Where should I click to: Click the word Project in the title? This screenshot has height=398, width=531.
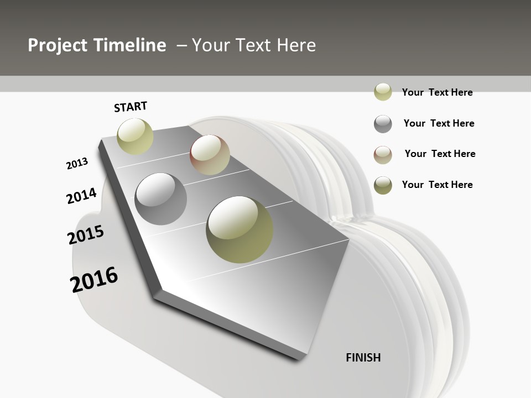[58, 45]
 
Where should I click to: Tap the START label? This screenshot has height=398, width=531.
[131, 107]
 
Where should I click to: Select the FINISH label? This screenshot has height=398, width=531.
[363, 358]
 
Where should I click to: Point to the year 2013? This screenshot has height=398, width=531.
[77, 164]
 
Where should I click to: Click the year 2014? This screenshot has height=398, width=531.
[81, 196]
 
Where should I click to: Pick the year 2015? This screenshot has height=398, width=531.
[86, 235]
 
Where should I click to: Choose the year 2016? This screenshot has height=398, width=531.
[94, 280]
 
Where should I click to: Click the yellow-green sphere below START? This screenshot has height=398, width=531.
[136, 136]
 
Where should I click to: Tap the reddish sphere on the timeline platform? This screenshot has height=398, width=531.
[210, 155]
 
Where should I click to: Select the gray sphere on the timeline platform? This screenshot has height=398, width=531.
[161, 199]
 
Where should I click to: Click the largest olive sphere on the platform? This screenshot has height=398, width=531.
[240, 229]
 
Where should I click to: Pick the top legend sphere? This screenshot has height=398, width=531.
[383, 92]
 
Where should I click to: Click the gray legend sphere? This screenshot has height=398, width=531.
[383, 124]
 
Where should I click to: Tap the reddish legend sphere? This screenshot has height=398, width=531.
[383, 155]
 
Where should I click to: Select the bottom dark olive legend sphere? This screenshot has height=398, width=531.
[383, 185]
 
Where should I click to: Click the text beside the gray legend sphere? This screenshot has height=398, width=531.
[439, 123]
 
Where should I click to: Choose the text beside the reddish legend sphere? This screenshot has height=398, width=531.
[440, 154]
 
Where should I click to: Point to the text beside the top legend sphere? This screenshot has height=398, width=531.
[437, 92]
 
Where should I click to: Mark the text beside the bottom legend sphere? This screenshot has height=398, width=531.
[437, 185]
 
